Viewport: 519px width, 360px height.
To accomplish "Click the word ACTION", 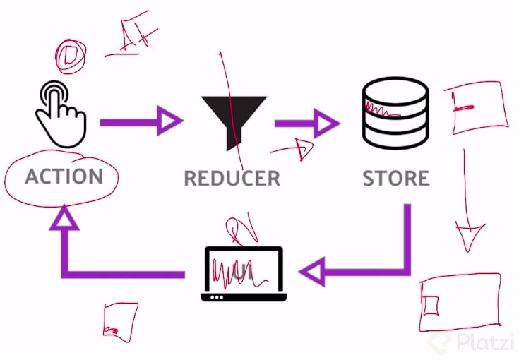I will point(64,176).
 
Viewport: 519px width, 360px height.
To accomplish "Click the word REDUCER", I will point(232,178).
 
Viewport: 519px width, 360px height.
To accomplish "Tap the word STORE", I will point(396,178).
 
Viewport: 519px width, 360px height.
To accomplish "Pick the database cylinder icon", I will point(395,112).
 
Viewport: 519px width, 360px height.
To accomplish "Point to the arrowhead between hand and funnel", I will point(167,121).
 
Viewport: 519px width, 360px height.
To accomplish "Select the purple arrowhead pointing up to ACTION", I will point(64,217).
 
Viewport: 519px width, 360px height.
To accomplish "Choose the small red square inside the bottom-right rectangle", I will point(431,306).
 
